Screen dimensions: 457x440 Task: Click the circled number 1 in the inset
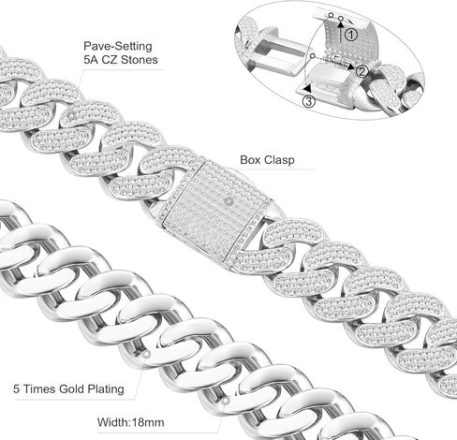pos(351,35)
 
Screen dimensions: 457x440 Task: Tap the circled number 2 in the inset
pos(361,72)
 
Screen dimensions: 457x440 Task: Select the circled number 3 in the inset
pos(308,101)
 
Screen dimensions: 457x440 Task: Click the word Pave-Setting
pos(118,46)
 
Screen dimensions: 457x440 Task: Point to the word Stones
pos(140,59)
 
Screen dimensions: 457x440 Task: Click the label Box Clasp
pos(267,160)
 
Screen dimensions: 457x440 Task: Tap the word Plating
pos(106,389)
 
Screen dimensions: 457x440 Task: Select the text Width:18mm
pos(131,422)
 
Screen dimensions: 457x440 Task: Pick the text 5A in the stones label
pos(90,59)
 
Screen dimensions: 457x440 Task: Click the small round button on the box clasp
pos(229,201)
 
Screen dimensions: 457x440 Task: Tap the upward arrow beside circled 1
pos(341,30)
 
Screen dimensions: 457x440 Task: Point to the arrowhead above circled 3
pos(308,87)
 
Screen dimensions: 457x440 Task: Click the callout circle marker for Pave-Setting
pos(72,116)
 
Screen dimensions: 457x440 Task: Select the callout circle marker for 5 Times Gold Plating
pos(146,354)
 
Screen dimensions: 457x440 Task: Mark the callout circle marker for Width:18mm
pos(226,401)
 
